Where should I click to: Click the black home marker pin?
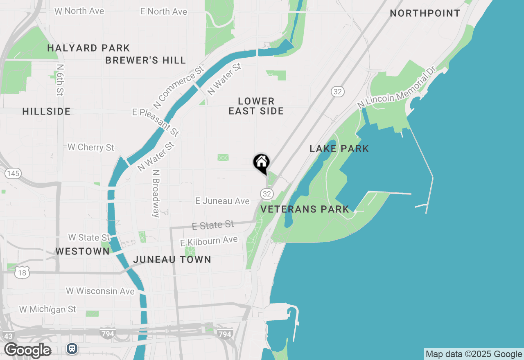pos(261,163)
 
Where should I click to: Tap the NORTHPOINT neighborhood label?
pos(425,13)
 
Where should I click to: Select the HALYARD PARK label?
pos(88,48)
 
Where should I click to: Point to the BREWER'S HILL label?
pos(146,61)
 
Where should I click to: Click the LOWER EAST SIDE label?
pos(256,106)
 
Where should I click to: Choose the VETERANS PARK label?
pos(305,209)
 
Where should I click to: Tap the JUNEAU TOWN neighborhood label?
pos(172,259)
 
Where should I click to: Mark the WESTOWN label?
pos(82,251)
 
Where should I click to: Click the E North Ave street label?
pos(163,11)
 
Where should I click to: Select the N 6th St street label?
pos(61,80)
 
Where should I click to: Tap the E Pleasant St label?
pos(156,122)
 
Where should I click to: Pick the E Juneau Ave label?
pos(222,201)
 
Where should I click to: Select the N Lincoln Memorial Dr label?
pos(401,88)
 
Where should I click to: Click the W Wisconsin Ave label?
pos(100,291)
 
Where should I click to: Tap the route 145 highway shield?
pos(13,173)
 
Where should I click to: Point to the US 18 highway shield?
pos(22,272)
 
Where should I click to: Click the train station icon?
pos(72,349)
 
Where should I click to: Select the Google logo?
pos(27,351)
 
